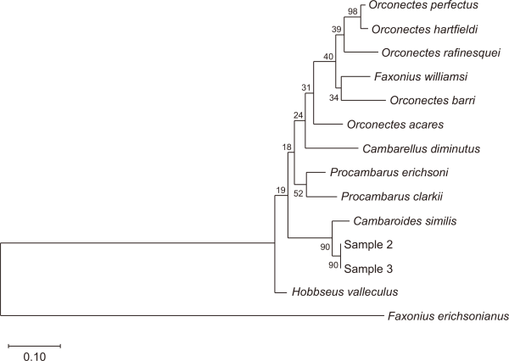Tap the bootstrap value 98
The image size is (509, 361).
point(354,12)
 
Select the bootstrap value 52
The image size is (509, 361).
point(299,194)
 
